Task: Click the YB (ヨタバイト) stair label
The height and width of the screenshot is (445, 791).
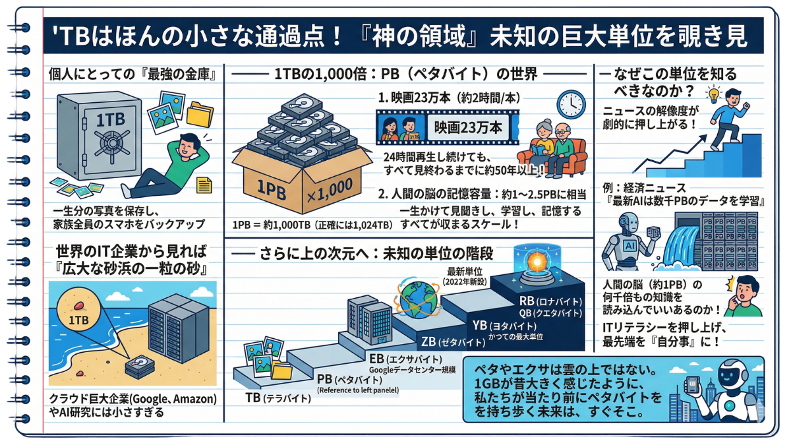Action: [x=504, y=326]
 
